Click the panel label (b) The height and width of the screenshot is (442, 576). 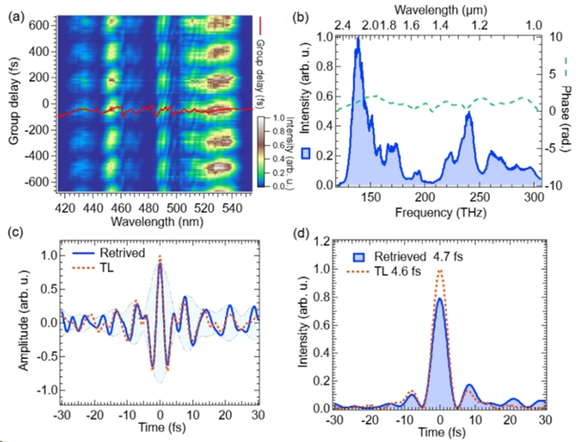(321, 10)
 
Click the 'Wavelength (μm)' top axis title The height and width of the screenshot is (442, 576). (438, 10)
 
